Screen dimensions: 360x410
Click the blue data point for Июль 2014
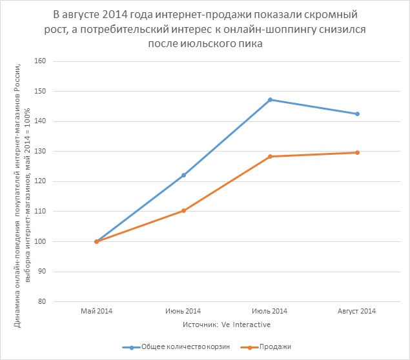pos(271,99)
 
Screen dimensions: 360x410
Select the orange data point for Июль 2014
pos(271,156)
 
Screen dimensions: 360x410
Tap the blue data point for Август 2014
pos(357,114)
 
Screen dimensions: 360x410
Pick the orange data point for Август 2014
pos(357,152)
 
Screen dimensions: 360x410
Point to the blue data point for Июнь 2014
pos(183,175)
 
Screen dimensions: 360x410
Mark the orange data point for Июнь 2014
pos(183,210)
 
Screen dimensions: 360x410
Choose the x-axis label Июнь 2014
pos(183,312)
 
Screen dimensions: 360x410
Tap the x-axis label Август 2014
pos(357,312)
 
